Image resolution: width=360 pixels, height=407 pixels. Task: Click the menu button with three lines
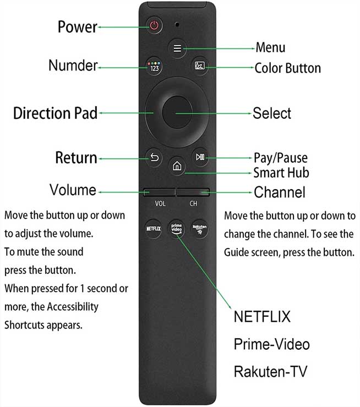[177, 48]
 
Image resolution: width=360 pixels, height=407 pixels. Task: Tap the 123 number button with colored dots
[154, 67]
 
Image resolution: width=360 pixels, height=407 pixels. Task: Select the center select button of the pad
[177, 112]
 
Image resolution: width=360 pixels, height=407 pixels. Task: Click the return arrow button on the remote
[154, 157]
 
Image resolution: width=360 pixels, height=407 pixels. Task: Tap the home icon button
[177, 166]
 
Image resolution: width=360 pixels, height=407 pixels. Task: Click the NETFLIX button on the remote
[153, 229]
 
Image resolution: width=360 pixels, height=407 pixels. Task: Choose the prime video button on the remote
[176, 229]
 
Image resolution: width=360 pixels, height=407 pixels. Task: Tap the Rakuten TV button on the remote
[199, 229]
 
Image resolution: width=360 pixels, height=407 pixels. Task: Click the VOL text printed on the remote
[160, 204]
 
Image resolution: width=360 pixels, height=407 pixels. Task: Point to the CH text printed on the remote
[193, 204]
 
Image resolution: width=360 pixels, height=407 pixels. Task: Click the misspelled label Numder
[73, 65]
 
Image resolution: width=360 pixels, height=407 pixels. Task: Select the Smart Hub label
[281, 173]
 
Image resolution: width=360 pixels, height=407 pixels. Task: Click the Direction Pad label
[56, 113]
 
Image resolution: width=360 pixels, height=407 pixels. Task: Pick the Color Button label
[288, 68]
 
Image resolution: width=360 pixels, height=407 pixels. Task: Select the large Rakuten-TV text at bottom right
[270, 371]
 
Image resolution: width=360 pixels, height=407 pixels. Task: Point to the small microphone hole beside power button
[177, 24]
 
